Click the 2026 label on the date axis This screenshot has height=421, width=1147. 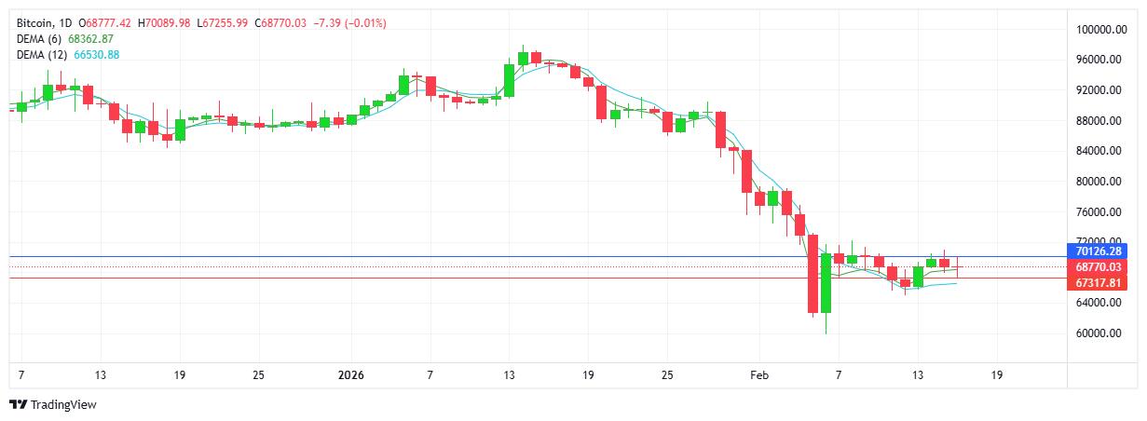(x=350, y=375)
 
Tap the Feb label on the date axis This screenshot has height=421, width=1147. (x=759, y=375)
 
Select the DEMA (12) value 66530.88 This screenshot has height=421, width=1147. (x=91, y=55)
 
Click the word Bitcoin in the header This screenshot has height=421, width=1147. (x=35, y=22)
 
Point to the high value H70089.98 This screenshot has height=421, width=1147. (x=167, y=22)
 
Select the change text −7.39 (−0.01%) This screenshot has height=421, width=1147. (x=352, y=22)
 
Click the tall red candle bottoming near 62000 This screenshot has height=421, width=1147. (x=812, y=274)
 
